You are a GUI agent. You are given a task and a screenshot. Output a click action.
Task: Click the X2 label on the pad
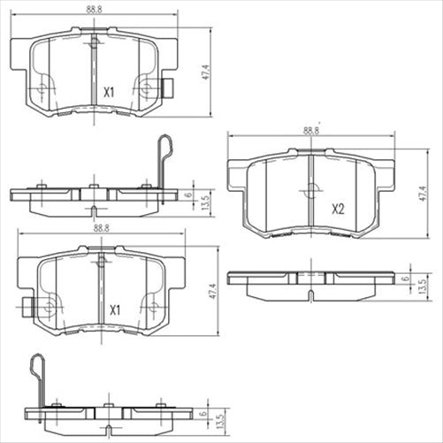(337, 210)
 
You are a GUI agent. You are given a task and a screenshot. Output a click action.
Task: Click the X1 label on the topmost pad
(110, 91)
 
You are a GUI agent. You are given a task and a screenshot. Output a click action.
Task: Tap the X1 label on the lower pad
(114, 310)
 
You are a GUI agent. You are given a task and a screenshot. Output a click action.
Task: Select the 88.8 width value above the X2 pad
(310, 130)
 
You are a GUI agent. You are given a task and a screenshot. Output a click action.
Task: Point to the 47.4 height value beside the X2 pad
(423, 195)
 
